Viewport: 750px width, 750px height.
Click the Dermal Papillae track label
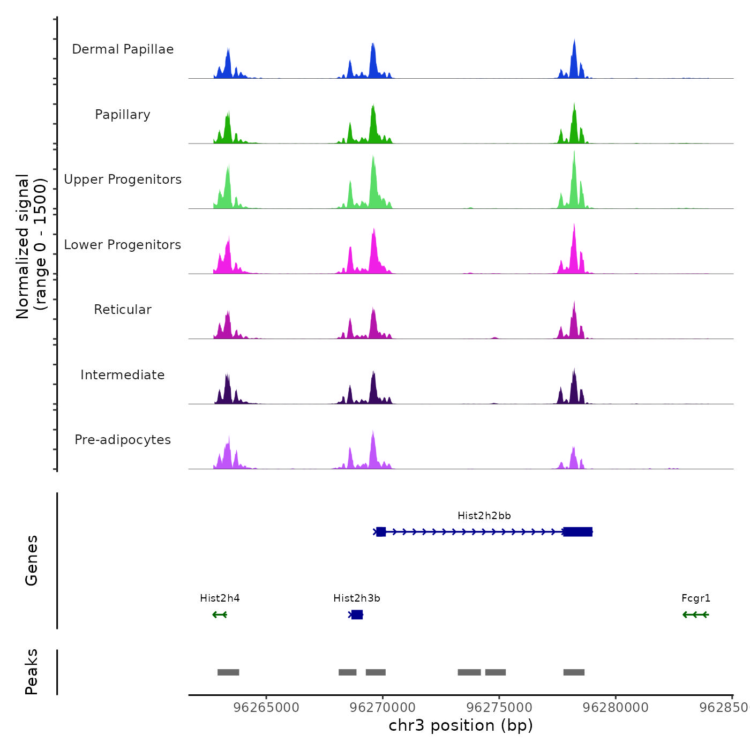tap(123, 49)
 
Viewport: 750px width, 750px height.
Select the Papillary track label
tap(123, 115)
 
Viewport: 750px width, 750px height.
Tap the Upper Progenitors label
tap(123, 179)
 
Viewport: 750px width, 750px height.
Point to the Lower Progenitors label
tap(123, 245)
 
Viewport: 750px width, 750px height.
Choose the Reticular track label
tap(123, 310)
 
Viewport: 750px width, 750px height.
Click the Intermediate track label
tap(123, 375)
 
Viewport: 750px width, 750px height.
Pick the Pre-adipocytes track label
tap(123, 440)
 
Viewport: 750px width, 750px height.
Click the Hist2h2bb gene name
tap(484, 516)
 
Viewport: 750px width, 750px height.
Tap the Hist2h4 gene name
tap(220, 598)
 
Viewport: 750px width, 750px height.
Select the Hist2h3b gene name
tap(357, 598)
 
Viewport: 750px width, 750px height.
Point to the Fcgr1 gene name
tap(696, 598)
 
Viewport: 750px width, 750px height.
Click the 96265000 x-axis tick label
tap(267, 708)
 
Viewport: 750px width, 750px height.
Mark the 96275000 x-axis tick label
tap(499, 708)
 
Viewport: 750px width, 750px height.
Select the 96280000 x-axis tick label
tap(616, 708)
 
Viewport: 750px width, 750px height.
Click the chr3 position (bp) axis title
tap(461, 725)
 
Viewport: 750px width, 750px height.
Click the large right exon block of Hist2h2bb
tap(577, 531)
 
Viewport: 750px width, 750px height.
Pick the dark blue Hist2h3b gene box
tap(357, 614)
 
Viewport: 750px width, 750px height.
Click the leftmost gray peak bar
tap(228, 672)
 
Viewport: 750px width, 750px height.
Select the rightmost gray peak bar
tap(574, 672)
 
